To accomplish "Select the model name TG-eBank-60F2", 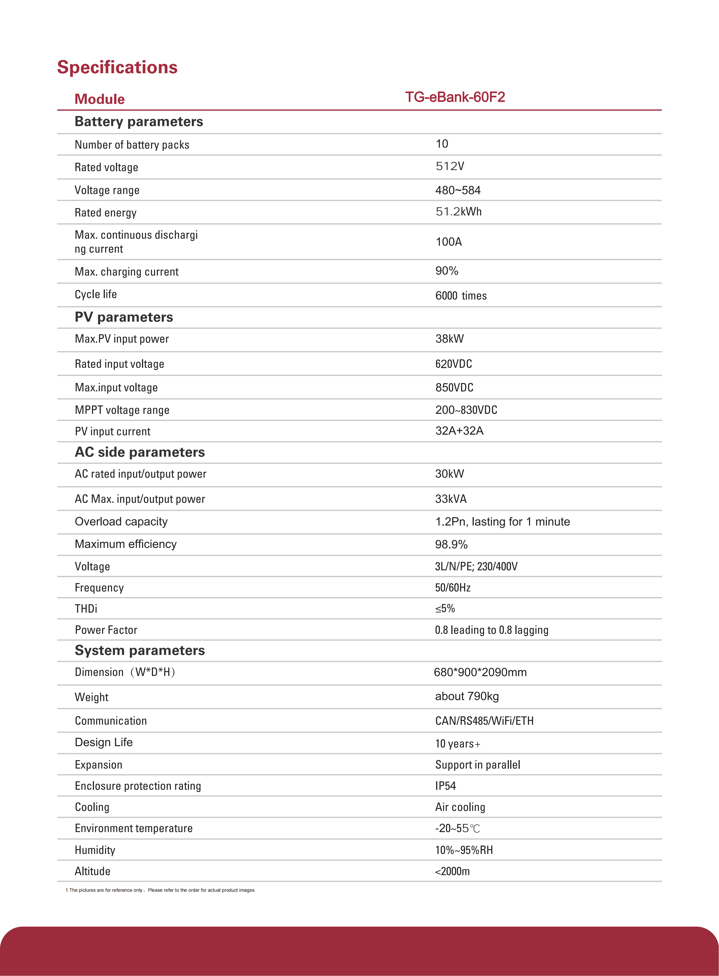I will tap(455, 97).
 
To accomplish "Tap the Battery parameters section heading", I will tap(139, 121).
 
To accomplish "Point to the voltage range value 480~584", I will tap(458, 190).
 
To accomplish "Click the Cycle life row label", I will tap(96, 294).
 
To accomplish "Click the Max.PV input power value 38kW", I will tap(450, 339).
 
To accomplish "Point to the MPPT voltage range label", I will tap(122, 410).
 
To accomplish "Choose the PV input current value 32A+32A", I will tap(459, 431).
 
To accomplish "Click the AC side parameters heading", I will tap(140, 452).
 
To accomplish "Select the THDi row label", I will tap(86, 609).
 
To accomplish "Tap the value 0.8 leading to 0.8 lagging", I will tap(491, 630).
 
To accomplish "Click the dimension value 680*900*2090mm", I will tap(480, 672).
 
